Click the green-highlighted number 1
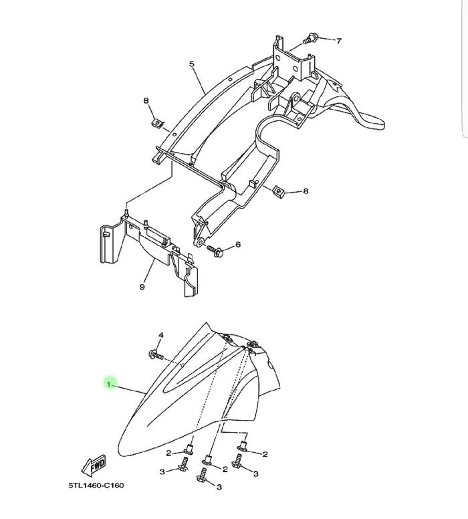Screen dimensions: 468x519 [108, 384]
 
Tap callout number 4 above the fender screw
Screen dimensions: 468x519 [161, 335]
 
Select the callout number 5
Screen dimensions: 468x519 [192, 64]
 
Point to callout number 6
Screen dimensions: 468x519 [238, 245]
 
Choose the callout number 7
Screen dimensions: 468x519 [338, 41]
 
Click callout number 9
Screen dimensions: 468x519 [142, 287]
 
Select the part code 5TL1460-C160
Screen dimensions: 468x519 [96, 486]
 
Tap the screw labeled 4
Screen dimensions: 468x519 [156, 355]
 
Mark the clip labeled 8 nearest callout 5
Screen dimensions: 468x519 [158, 124]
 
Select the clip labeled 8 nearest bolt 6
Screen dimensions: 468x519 [279, 191]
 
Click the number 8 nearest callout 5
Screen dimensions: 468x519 [146, 100]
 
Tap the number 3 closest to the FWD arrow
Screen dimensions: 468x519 [162, 472]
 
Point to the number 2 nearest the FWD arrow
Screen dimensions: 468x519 [168, 453]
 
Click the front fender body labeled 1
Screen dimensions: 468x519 [199, 397]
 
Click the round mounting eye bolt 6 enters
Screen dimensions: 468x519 [200, 243]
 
